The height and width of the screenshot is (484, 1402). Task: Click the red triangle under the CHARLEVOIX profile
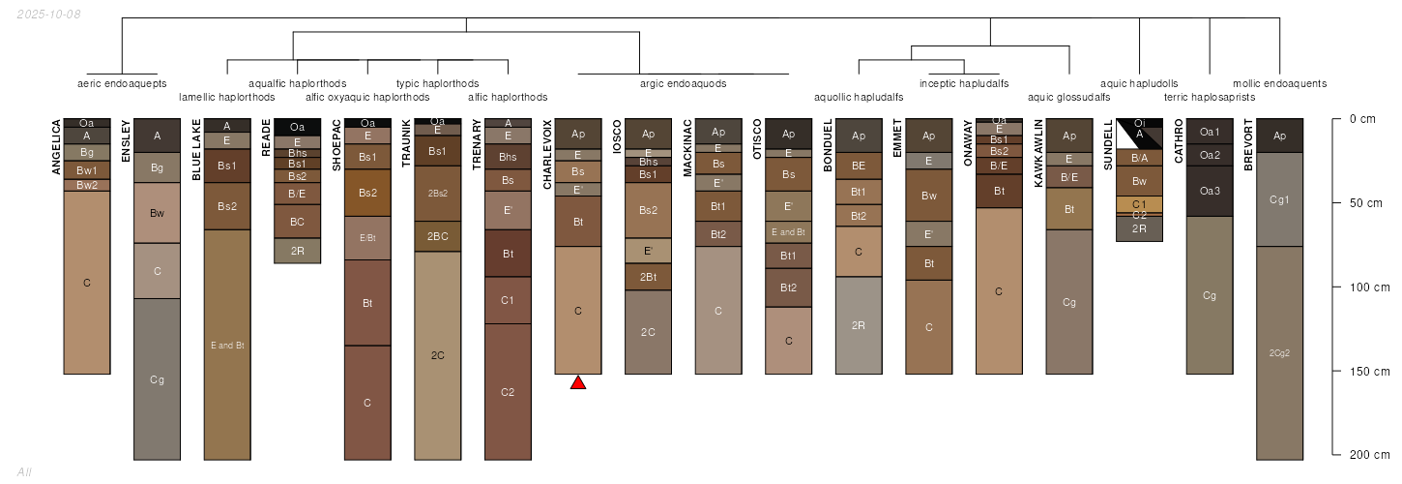pyautogui.click(x=578, y=382)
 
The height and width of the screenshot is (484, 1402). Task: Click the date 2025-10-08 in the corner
pyautogui.click(x=48, y=14)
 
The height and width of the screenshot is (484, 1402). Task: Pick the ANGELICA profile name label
pyautogui.click(x=56, y=148)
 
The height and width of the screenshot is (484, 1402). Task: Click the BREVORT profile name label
pyautogui.click(x=1248, y=146)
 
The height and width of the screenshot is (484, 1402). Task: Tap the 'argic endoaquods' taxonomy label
pyautogui.click(x=683, y=83)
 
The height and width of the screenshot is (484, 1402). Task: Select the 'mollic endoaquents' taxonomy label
pyautogui.click(x=1279, y=83)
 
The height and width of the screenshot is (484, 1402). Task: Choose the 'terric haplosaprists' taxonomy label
pyautogui.click(x=1209, y=97)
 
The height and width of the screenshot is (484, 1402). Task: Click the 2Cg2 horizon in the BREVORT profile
pyautogui.click(x=1279, y=352)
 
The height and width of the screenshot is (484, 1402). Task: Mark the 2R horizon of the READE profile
pyautogui.click(x=297, y=250)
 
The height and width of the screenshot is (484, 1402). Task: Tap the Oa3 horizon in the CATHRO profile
pyautogui.click(x=1210, y=191)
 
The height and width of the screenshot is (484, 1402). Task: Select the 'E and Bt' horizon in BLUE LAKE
pyautogui.click(x=227, y=344)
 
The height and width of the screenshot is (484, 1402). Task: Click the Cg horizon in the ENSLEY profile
pyautogui.click(x=158, y=378)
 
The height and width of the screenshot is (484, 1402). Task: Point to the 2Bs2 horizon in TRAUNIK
pyautogui.click(x=438, y=193)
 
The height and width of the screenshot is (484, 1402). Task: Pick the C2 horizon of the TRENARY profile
pyautogui.click(x=508, y=391)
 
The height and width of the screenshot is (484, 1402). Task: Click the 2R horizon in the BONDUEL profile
pyautogui.click(x=859, y=324)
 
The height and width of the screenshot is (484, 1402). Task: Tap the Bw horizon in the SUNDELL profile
pyautogui.click(x=1139, y=181)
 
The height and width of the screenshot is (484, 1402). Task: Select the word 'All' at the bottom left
pyautogui.click(x=24, y=471)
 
